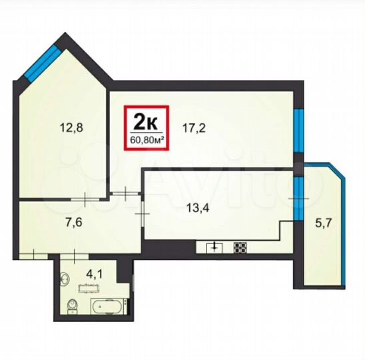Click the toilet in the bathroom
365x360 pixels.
[73, 305]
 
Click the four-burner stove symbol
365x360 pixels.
[240, 247]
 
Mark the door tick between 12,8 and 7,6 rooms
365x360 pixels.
[89, 197]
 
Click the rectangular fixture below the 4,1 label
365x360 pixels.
[89, 288]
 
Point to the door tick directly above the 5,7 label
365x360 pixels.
[299, 198]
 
